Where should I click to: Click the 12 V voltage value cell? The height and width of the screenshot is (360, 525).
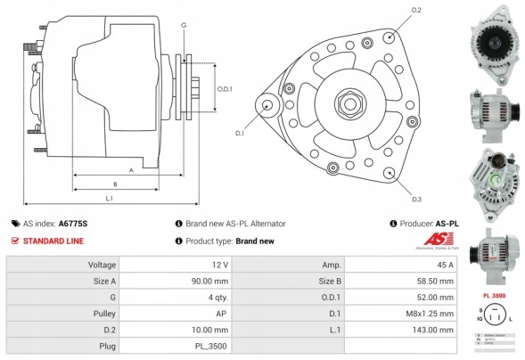(218, 266)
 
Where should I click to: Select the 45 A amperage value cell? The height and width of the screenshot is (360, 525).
(444, 266)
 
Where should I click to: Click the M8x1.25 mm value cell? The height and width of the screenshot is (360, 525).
(433, 314)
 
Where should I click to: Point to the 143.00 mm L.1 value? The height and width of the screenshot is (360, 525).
(435, 330)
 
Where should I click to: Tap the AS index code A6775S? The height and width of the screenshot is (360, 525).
(73, 225)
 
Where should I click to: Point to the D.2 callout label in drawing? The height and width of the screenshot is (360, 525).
(416, 11)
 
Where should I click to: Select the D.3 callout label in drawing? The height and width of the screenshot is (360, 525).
(416, 198)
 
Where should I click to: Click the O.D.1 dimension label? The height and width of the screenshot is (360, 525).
(225, 88)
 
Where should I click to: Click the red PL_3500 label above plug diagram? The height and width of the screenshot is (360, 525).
(495, 295)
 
